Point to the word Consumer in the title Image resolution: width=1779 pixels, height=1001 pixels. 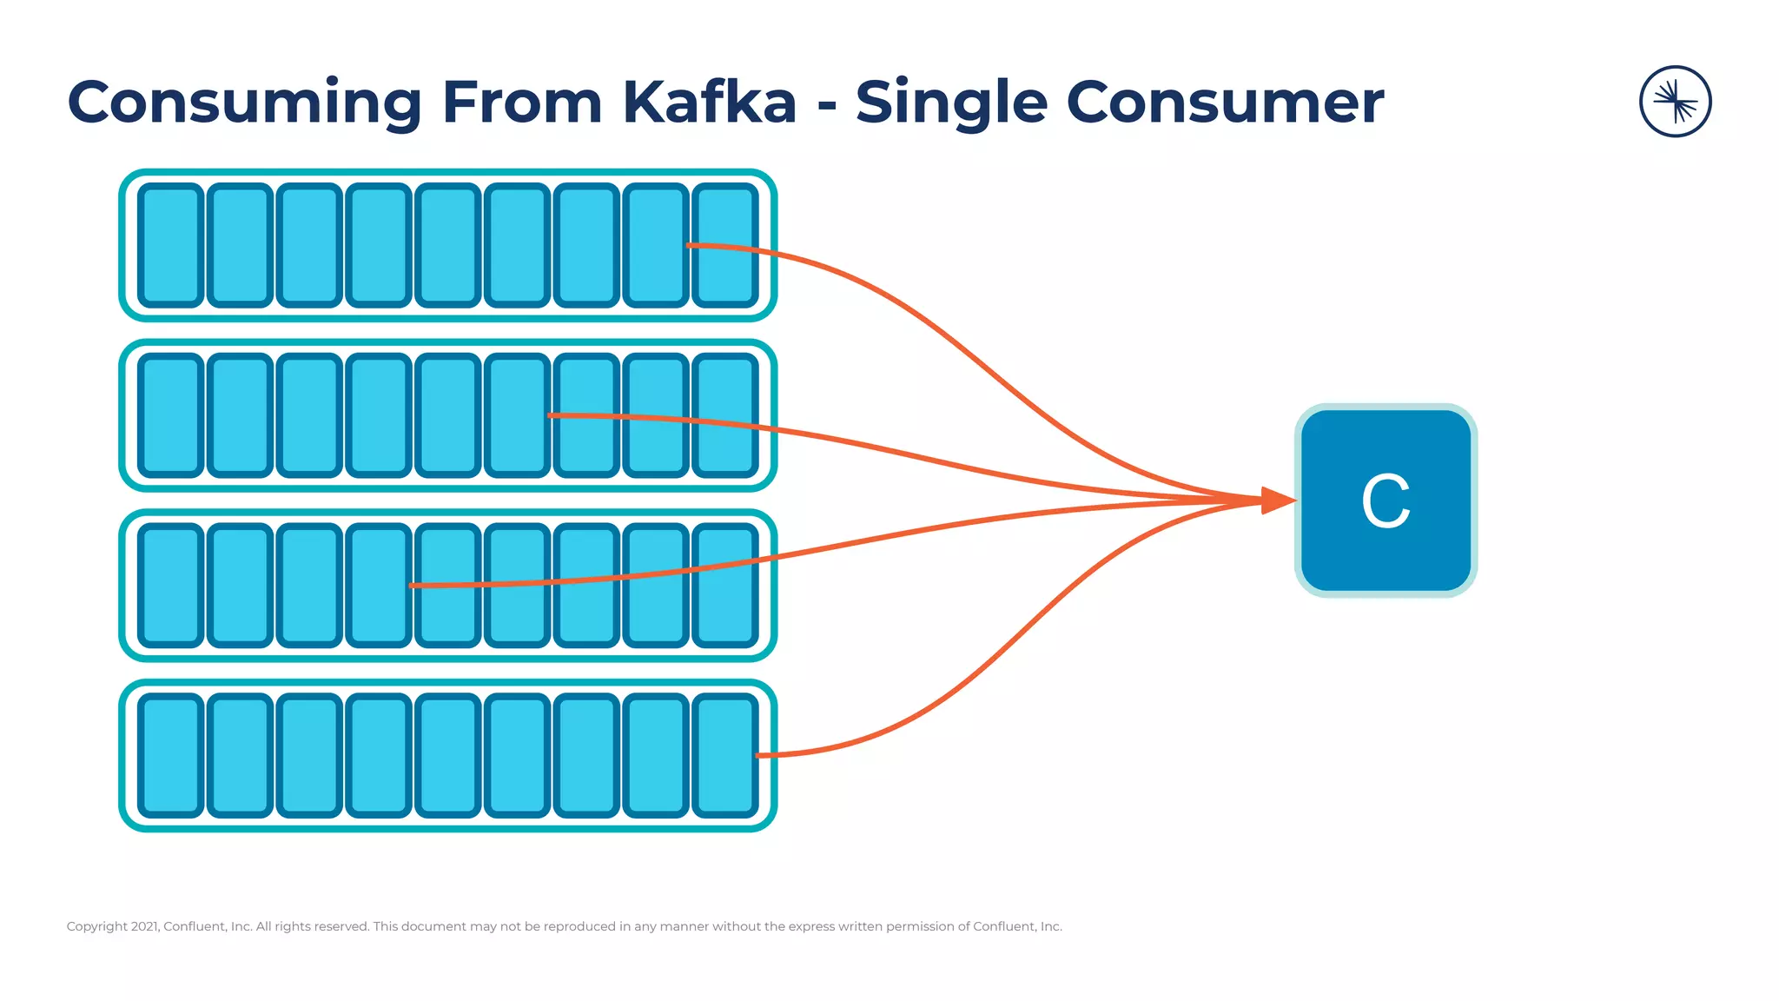coord(1224,103)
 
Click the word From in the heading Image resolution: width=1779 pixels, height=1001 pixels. coord(521,103)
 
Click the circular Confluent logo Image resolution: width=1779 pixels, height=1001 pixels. coord(1675,102)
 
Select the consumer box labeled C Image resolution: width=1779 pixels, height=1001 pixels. coord(1386,500)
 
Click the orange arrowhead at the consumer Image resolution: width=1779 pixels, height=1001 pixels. coord(1276,500)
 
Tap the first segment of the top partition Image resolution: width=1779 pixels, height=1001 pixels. coord(171,245)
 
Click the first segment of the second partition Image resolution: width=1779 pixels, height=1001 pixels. coord(171,415)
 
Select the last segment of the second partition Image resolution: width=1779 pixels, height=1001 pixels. coord(725,415)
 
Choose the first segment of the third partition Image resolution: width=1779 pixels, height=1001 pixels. coord(171,586)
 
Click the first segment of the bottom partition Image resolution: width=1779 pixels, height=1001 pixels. coord(171,755)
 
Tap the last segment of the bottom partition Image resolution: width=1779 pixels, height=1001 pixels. coord(725,755)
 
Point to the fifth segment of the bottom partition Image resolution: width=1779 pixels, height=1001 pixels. coord(448,755)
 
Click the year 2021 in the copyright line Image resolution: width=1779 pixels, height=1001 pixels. coord(145,926)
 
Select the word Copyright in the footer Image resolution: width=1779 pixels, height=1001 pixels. coord(97,926)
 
